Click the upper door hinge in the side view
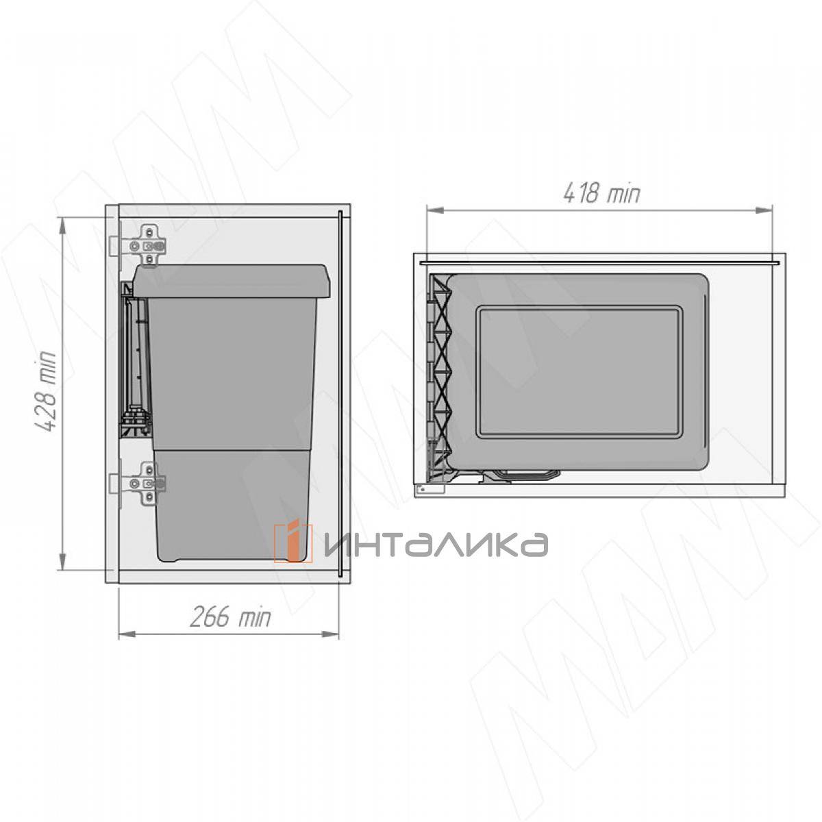[138, 246]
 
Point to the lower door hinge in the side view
[138, 484]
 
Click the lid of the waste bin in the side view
[231, 281]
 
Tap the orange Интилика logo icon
[293, 543]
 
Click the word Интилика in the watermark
[436, 543]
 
